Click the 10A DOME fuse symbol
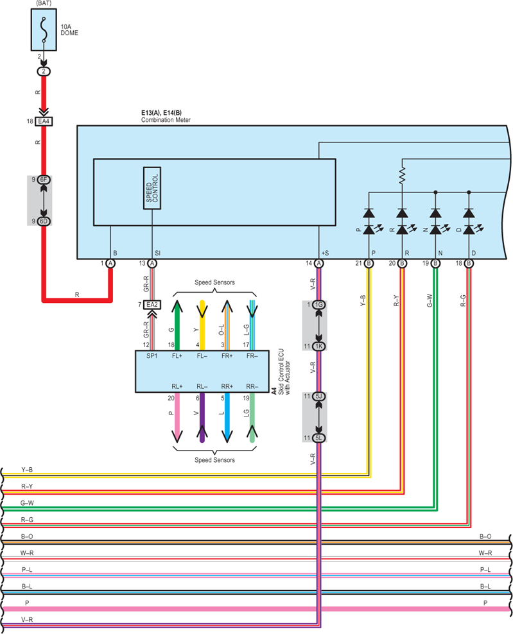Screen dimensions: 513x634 (44, 30)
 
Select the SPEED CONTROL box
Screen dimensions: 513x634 (152, 188)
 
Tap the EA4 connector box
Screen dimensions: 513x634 (44, 121)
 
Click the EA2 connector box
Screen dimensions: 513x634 (152, 304)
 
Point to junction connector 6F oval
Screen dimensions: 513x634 (44, 180)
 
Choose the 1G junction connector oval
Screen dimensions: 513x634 (319, 304)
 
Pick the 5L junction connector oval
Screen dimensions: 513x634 (319, 438)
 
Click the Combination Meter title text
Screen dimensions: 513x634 (166, 120)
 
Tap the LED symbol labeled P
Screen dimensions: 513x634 (369, 230)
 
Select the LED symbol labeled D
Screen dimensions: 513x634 (469, 230)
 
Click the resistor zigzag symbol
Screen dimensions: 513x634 (402, 176)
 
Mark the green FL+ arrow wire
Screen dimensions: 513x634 (177, 325)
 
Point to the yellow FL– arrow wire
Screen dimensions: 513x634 (202, 325)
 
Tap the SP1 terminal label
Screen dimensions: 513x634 (152, 356)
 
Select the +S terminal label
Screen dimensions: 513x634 (326, 253)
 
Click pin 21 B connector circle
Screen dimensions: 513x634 (369, 263)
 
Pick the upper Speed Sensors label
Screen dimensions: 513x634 (214, 282)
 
